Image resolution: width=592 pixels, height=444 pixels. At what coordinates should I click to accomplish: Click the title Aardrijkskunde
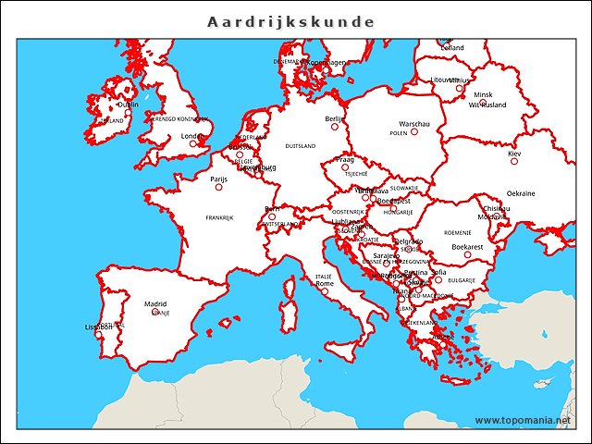tap(290, 21)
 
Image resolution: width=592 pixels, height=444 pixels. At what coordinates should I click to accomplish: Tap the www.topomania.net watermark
tap(523, 420)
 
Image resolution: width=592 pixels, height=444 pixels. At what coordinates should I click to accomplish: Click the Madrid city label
tap(155, 303)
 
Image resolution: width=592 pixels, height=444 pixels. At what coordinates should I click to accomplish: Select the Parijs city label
tap(218, 179)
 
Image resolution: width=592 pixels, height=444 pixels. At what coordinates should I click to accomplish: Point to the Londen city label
tap(192, 136)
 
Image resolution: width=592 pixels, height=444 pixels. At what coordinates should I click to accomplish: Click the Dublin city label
tap(128, 105)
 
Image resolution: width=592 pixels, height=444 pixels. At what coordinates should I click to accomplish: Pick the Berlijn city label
tap(334, 118)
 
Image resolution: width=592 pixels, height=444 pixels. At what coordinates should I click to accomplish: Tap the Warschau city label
tap(413, 123)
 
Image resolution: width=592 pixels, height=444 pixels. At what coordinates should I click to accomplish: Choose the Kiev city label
tap(514, 153)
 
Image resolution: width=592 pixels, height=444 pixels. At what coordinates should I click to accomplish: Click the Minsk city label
tap(483, 94)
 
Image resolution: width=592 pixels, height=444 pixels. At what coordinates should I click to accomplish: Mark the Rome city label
tap(325, 283)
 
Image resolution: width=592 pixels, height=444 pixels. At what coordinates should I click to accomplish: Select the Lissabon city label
tap(99, 327)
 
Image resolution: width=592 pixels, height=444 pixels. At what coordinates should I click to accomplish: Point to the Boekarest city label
tap(467, 247)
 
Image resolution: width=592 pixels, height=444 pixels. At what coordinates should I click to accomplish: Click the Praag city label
tap(344, 159)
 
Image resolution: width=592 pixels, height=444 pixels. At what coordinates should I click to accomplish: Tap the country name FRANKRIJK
tap(219, 218)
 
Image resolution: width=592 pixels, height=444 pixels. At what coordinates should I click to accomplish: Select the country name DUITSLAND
tap(300, 146)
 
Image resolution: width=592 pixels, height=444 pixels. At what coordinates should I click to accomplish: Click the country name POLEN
tap(398, 133)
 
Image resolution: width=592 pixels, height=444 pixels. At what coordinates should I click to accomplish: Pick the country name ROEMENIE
tap(457, 232)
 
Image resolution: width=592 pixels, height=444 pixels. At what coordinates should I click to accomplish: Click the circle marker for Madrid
tap(155, 312)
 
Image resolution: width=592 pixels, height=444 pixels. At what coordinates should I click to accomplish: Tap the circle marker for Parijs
tap(219, 187)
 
